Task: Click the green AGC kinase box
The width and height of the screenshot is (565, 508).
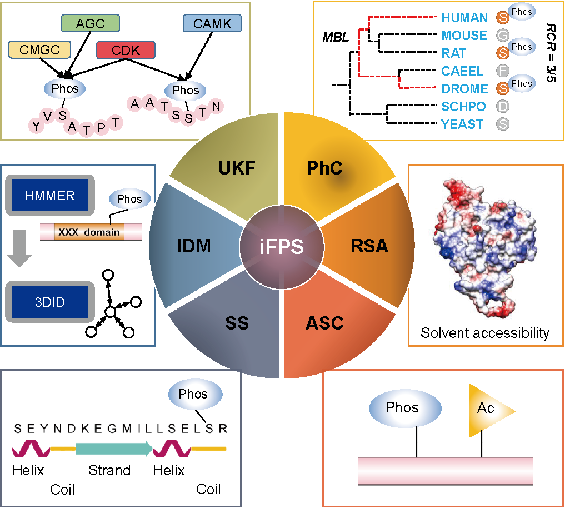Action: point(90,23)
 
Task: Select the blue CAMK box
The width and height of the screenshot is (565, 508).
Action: point(212,23)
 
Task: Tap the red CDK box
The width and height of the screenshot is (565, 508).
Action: point(126,51)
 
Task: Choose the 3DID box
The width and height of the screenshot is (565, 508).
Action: point(49,302)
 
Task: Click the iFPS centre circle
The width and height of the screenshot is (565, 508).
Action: point(282,247)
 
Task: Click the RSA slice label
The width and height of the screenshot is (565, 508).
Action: point(369,246)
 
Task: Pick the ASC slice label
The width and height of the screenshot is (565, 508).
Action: point(324,323)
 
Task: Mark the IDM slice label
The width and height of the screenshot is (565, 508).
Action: point(194,246)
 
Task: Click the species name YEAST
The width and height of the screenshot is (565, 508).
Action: point(462,124)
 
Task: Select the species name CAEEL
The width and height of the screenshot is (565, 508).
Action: point(462,71)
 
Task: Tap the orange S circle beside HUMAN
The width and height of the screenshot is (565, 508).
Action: point(503,18)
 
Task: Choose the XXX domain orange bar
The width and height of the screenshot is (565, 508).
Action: point(89,232)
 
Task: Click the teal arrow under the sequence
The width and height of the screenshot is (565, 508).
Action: point(114,448)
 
